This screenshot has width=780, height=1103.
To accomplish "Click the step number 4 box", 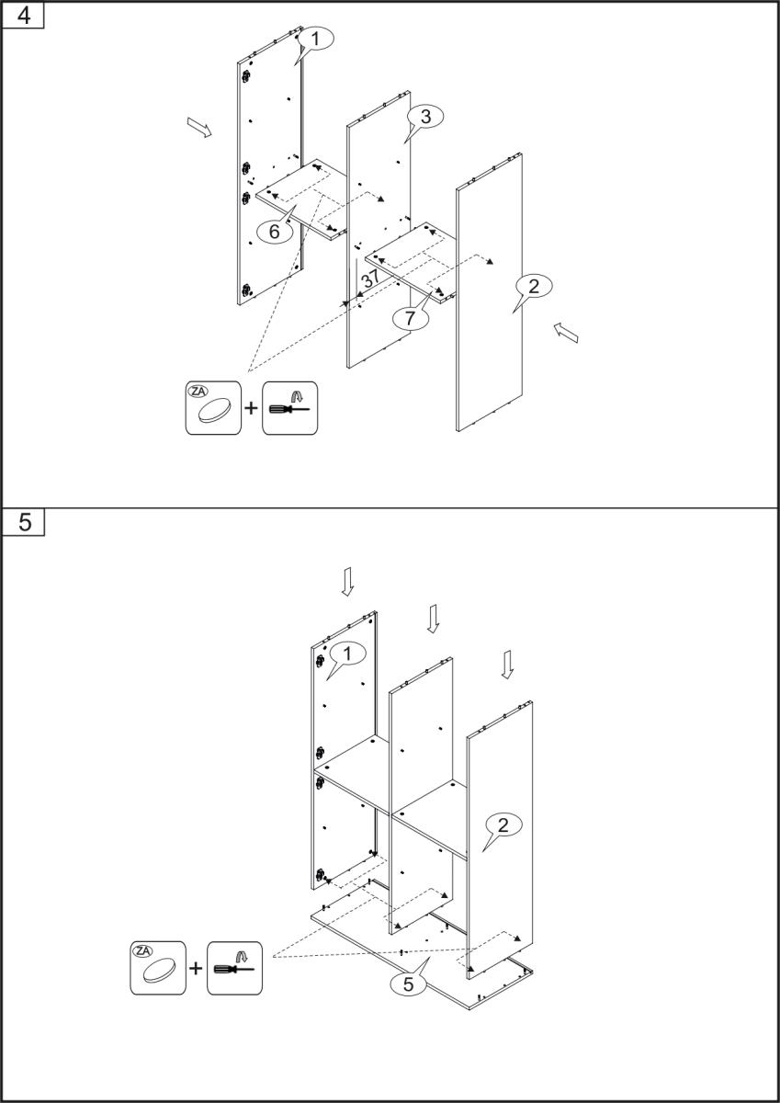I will click(25, 17).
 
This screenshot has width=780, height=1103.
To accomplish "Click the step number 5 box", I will click(25, 522).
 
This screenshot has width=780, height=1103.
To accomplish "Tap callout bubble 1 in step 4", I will click(315, 39).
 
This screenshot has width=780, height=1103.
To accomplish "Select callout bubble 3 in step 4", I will click(424, 116).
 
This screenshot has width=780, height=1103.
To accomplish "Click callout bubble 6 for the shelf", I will click(275, 232).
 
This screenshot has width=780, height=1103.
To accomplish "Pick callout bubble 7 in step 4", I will click(411, 317).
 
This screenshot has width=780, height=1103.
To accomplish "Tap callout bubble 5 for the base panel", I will click(409, 984).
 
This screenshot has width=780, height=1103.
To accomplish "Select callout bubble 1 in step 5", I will click(346, 654).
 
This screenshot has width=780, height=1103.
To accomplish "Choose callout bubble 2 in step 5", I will click(503, 824).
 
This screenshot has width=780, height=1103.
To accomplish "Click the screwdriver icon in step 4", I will click(289, 407).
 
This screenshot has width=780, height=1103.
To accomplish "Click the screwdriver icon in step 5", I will click(234, 968).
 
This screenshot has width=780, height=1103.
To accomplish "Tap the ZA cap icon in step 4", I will click(213, 407).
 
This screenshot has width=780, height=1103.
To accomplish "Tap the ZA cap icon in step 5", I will click(158, 968).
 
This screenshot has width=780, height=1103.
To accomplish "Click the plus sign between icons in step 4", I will click(251, 407).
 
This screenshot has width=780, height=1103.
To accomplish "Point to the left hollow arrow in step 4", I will click(198, 127).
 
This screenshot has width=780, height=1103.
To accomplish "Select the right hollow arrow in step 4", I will click(567, 333).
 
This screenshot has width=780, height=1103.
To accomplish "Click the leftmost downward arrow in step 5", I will click(347, 580).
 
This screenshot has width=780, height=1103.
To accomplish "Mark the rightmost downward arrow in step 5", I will click(507, 665).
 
